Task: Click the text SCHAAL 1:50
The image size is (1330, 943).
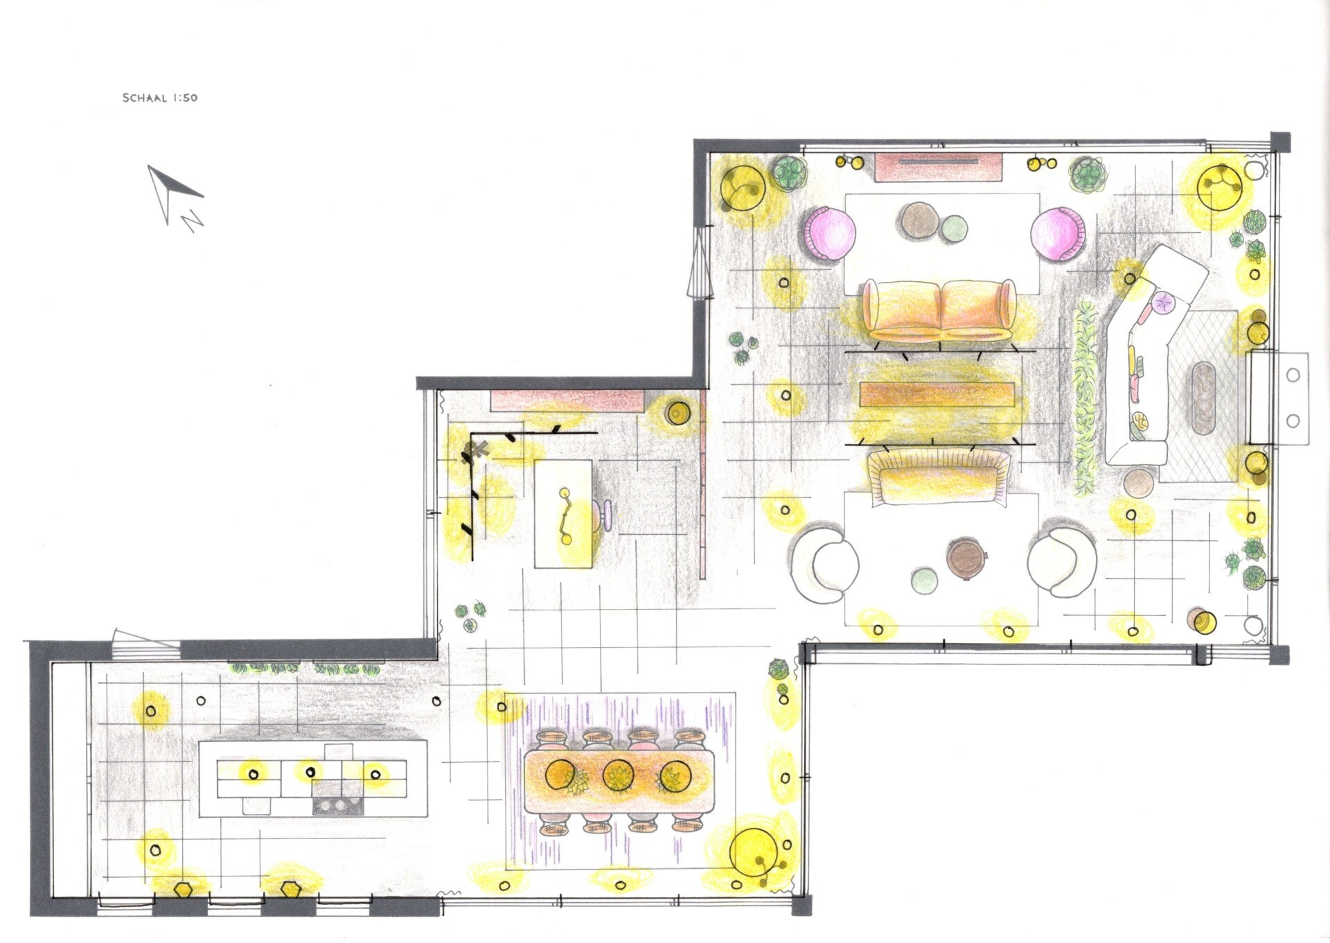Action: click(160, 98)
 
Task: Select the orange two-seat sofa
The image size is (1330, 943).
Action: click(939, 310)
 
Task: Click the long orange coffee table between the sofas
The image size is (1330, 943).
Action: click(937, 394)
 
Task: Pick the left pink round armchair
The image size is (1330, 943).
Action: click(830, 233)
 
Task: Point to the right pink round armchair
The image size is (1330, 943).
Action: click(1056, 233)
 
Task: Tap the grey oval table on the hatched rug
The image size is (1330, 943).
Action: click(1208, 398)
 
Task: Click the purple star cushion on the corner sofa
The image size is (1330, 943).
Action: click(1164, 301)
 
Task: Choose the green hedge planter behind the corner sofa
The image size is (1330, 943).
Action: click(1085, 398)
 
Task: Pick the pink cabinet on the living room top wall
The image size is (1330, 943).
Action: click(938, 167)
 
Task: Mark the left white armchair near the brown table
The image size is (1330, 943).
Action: click(826, 562)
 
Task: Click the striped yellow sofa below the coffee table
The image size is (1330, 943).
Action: click(939, 475)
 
